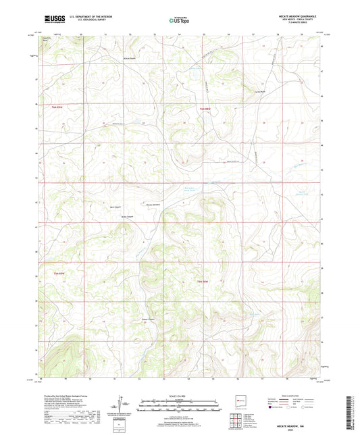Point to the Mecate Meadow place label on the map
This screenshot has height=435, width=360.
click(x=154, y=205)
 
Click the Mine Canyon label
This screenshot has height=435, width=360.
click(x=115, y=207)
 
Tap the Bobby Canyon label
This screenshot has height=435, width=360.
click(x=126, y=217)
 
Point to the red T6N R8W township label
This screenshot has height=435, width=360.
click(x=205, y=109)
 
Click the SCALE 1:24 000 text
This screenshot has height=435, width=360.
click(x=178, y=395)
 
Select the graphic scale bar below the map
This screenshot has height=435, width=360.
click(x=178, y=406)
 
